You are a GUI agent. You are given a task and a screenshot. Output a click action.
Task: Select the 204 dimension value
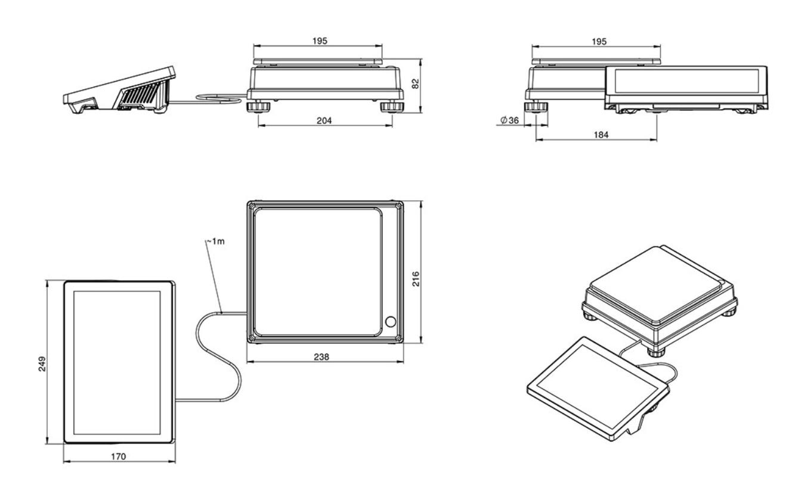click(325, 120)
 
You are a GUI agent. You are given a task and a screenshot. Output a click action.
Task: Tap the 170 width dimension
click(119, 456)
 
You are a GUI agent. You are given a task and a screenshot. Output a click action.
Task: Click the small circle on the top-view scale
click(391, 322)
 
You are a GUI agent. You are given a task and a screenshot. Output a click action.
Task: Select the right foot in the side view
click(392, 107)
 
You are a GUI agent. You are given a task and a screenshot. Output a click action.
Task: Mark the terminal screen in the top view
click(117, 362)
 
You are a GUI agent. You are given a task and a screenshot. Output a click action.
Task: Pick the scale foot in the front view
click(536, 107)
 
